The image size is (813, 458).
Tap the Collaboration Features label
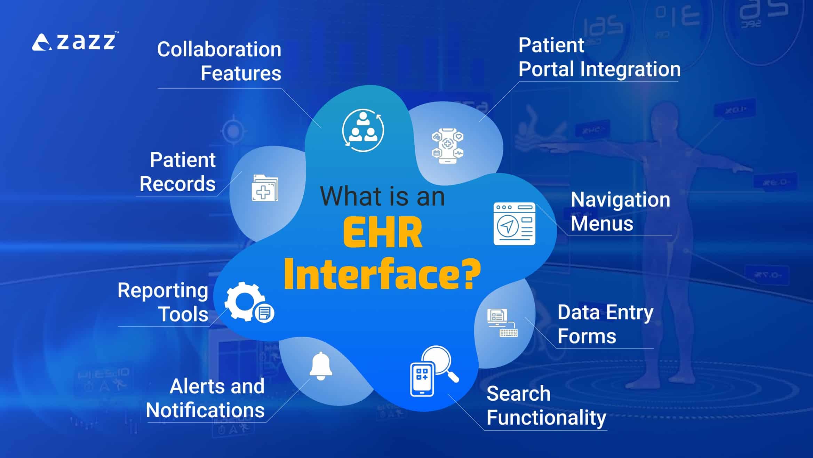[219, 61]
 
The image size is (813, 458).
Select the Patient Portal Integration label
[599, 57]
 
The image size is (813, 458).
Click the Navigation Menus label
[620, 211]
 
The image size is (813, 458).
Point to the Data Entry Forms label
[605, 324]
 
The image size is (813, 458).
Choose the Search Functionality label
[546, 405]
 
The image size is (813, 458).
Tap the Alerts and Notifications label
[205, 398]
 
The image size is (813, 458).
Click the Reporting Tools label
[163, 302]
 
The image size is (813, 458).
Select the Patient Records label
[178, 172]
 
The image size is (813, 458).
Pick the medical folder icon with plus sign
[265, 188]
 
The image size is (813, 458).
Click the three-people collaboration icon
[363, 130]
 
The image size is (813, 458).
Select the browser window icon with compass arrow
[514, 224]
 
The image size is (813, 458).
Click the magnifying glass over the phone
[437, 362]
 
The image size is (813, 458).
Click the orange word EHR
[382, 233]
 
